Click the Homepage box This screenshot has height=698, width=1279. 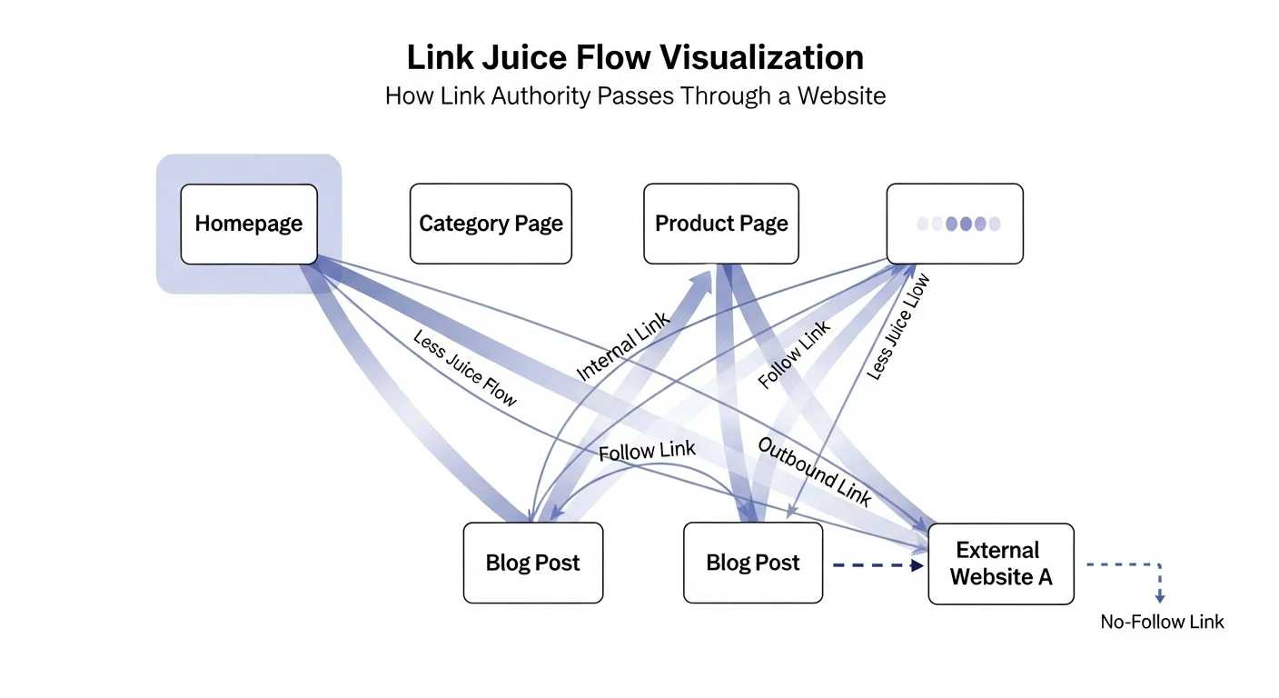249,224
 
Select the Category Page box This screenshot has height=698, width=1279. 491,224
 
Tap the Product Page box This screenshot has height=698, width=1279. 721,224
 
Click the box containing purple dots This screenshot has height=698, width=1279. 955,224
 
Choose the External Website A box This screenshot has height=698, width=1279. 1001,563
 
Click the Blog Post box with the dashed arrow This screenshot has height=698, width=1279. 752,563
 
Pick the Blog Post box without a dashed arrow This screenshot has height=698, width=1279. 532,563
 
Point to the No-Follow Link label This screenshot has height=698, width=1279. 1162,623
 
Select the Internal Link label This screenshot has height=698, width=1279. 623,346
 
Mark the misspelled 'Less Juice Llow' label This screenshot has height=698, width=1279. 898,326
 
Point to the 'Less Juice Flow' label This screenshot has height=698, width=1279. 465,368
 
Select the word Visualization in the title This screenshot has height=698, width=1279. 761,57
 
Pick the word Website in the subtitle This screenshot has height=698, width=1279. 842,95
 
